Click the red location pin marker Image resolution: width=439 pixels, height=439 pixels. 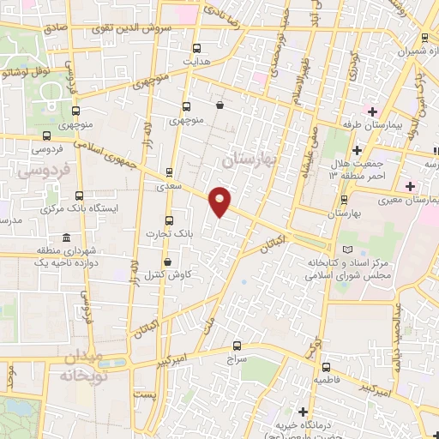(220, 200)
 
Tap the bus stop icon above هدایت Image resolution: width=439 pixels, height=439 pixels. (197, 48)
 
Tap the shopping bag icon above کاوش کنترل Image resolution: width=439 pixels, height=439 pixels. (167, 262)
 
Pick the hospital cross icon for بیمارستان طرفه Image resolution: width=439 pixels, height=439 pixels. (371, 111)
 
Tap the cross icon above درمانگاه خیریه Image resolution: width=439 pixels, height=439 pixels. (303, 411)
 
